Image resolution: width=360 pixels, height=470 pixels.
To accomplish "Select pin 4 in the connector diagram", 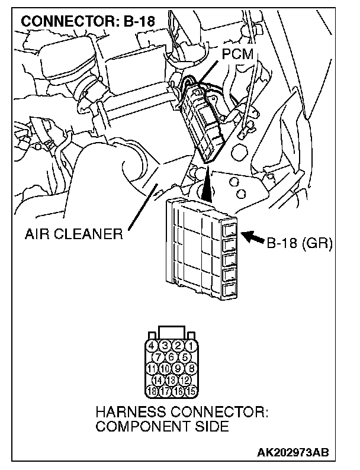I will point(152,345).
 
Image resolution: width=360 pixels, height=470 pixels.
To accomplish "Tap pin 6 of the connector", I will point(171,356).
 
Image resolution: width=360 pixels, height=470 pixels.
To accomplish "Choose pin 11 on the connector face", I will point(152,368).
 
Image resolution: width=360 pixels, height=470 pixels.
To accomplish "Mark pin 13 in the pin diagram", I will point(171,379).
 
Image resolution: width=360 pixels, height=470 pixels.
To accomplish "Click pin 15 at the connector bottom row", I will point(190,391).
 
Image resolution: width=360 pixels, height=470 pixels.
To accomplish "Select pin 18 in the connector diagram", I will point(152,391).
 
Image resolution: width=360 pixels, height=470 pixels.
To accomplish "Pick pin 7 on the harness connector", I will point(159,356).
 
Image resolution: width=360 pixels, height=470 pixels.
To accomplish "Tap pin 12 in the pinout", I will point(184,379).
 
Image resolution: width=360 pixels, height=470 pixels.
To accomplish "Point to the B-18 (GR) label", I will point(300,242).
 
